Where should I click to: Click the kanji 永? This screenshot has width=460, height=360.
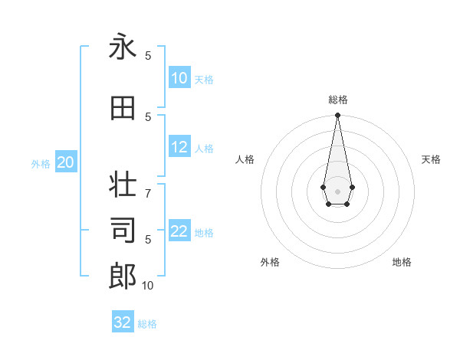click(123, 47)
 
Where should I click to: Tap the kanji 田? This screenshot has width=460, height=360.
click(123, 109)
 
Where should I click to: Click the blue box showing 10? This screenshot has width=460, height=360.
click(179, 78)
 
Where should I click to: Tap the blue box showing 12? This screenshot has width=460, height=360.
click(179, 147)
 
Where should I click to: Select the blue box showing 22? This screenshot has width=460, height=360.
click(179, 231)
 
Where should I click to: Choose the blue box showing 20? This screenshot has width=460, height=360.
click(66, 162)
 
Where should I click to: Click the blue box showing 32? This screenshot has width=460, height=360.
click(123, 322)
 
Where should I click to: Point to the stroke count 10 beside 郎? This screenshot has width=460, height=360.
click(148, 286)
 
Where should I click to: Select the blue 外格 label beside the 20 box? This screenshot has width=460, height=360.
click(41, 164)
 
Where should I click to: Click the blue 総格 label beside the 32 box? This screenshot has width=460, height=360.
click(147, 324)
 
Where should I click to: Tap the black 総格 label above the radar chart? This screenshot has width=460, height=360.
click(337, 100)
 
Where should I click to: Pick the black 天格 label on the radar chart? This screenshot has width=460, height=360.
click(431, 159)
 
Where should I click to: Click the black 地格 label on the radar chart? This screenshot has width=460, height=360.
click(402, 262)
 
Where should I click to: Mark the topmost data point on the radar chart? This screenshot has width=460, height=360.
click(337, 116)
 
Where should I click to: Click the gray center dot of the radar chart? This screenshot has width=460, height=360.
click(337, 190)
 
